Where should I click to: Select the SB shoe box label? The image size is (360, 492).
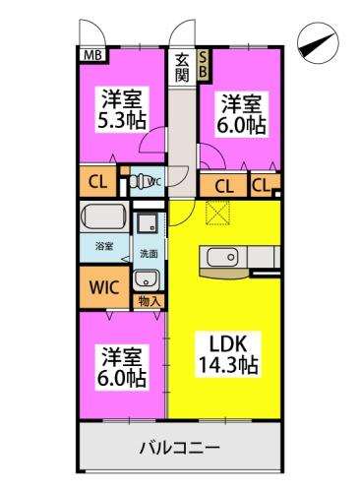tap(204, 65)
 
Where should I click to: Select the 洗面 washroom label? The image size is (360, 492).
tap(146, 253)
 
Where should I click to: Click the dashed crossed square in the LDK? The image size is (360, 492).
tap(215, 212)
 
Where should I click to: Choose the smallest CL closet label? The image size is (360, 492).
tap(262, 184)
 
